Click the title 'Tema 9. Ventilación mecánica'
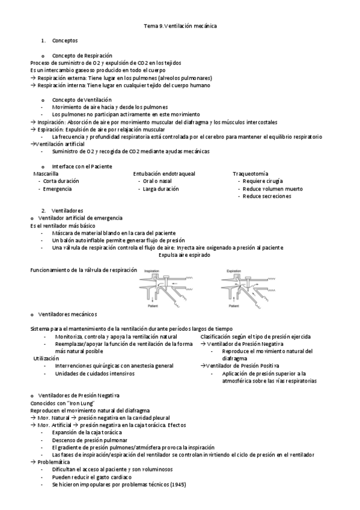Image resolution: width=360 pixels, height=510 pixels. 180,26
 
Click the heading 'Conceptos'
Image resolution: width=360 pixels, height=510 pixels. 65,41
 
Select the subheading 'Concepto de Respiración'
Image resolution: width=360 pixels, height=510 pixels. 82,55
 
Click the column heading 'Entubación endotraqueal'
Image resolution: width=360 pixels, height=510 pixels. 164,173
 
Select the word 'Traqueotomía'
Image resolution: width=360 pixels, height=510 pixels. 251,173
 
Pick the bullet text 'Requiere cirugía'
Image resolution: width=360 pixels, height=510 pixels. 263,181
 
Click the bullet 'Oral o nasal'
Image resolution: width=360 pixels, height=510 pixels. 158,181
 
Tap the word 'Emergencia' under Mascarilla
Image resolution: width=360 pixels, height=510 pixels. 58,189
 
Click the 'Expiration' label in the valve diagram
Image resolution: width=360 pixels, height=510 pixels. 233,271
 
